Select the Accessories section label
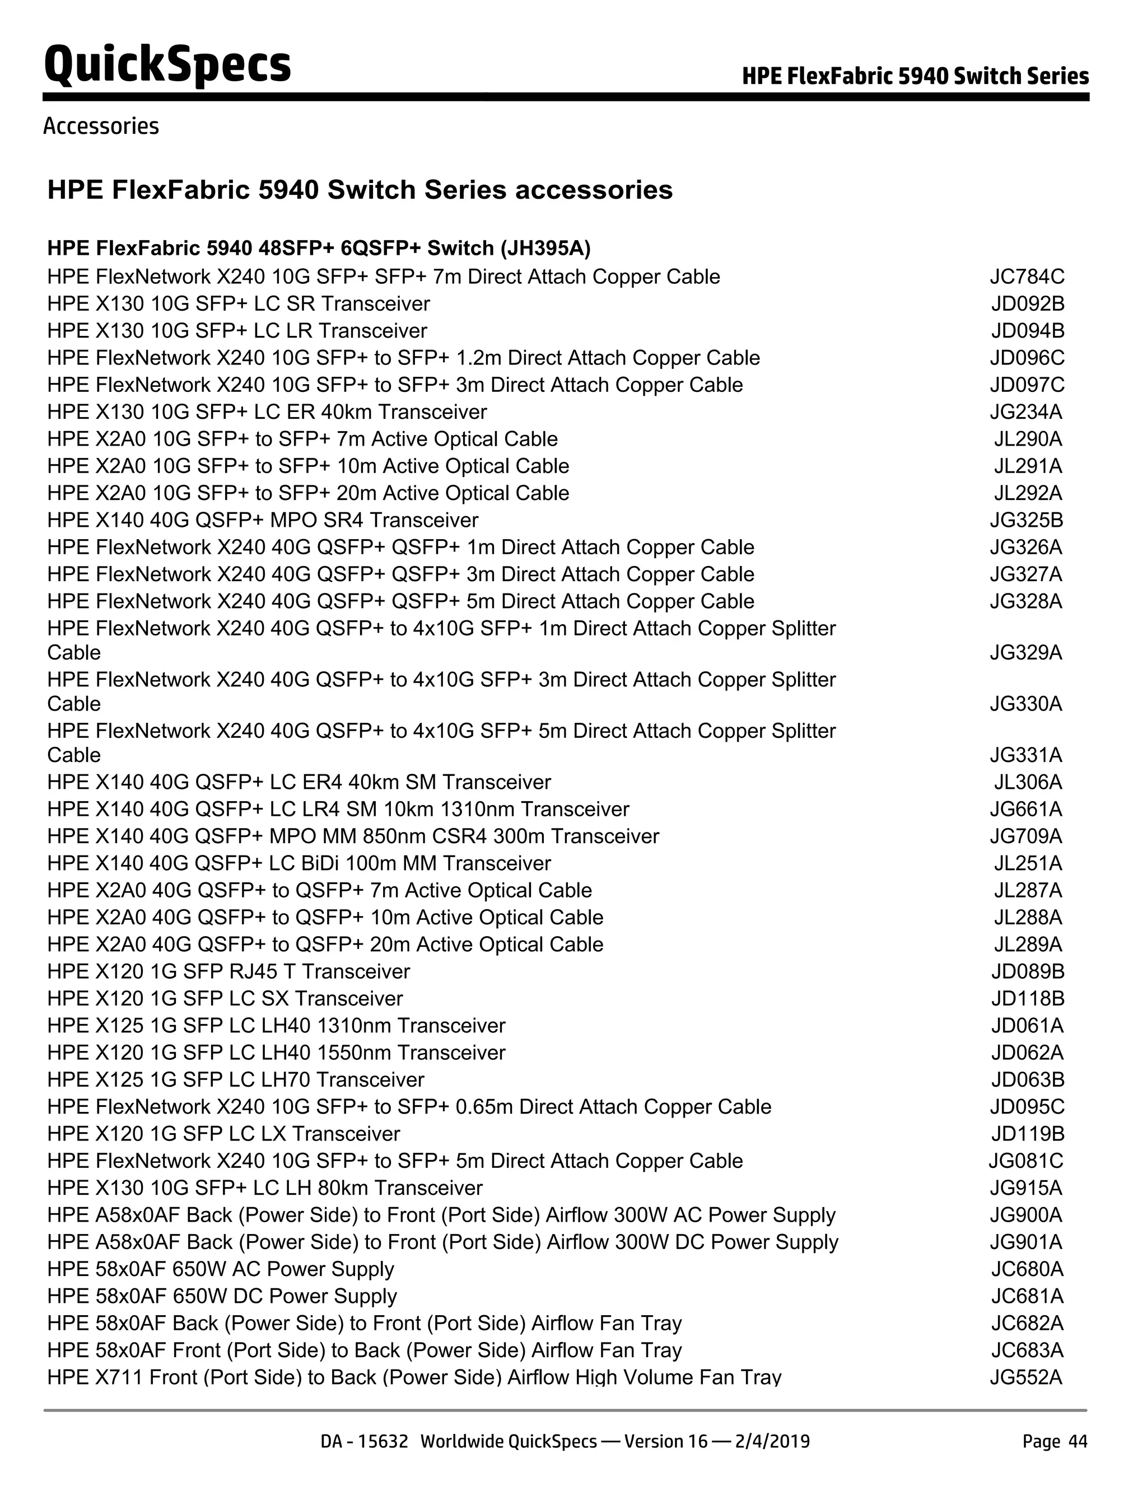[x=101, y=127]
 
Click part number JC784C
[x=1027, y=277]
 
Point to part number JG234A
[x=1026, y=412]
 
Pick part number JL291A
[x=1028, y=466]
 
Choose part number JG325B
[x=1027, y=520]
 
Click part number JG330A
[x=1026, y=704]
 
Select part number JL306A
[x=1028, y=782]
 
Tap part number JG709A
[x=1026, y=836]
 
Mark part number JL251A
[x=1028, y=863]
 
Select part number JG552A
[x=1026, y=1377]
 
